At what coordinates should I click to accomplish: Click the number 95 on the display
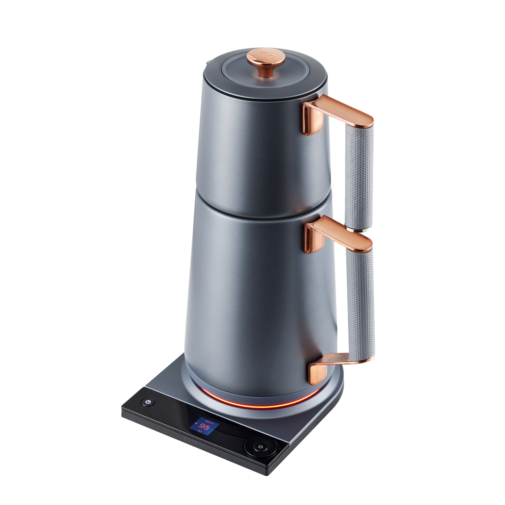(205, 427)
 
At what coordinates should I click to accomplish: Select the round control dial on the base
(260, 447)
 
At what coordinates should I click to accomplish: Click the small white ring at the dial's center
(260, 447)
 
